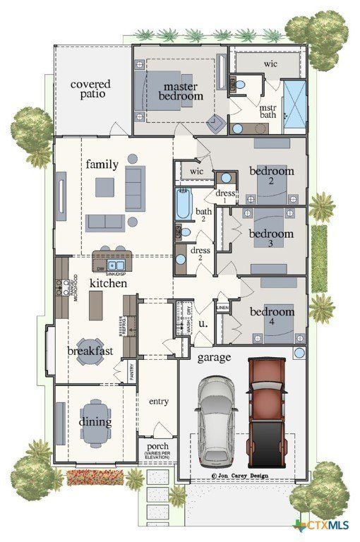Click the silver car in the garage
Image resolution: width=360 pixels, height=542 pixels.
(x=216, y=421)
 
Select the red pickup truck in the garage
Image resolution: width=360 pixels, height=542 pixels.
(x=266, y=409)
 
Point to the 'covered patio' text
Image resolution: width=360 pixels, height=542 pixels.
(x=90, y=90)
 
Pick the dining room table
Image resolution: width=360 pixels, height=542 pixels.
(x=95, y=421)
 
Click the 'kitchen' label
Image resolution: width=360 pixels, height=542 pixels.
(x=108, y=283)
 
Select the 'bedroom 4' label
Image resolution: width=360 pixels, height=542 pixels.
(x=271, y=312)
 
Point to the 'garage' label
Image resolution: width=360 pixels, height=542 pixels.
(x=213, y=358)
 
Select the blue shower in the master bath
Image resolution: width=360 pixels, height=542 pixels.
(x=294, y=106)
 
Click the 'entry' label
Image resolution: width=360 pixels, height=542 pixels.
(x=159, y=401)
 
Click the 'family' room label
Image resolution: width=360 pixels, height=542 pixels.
(x=102, y=164)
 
